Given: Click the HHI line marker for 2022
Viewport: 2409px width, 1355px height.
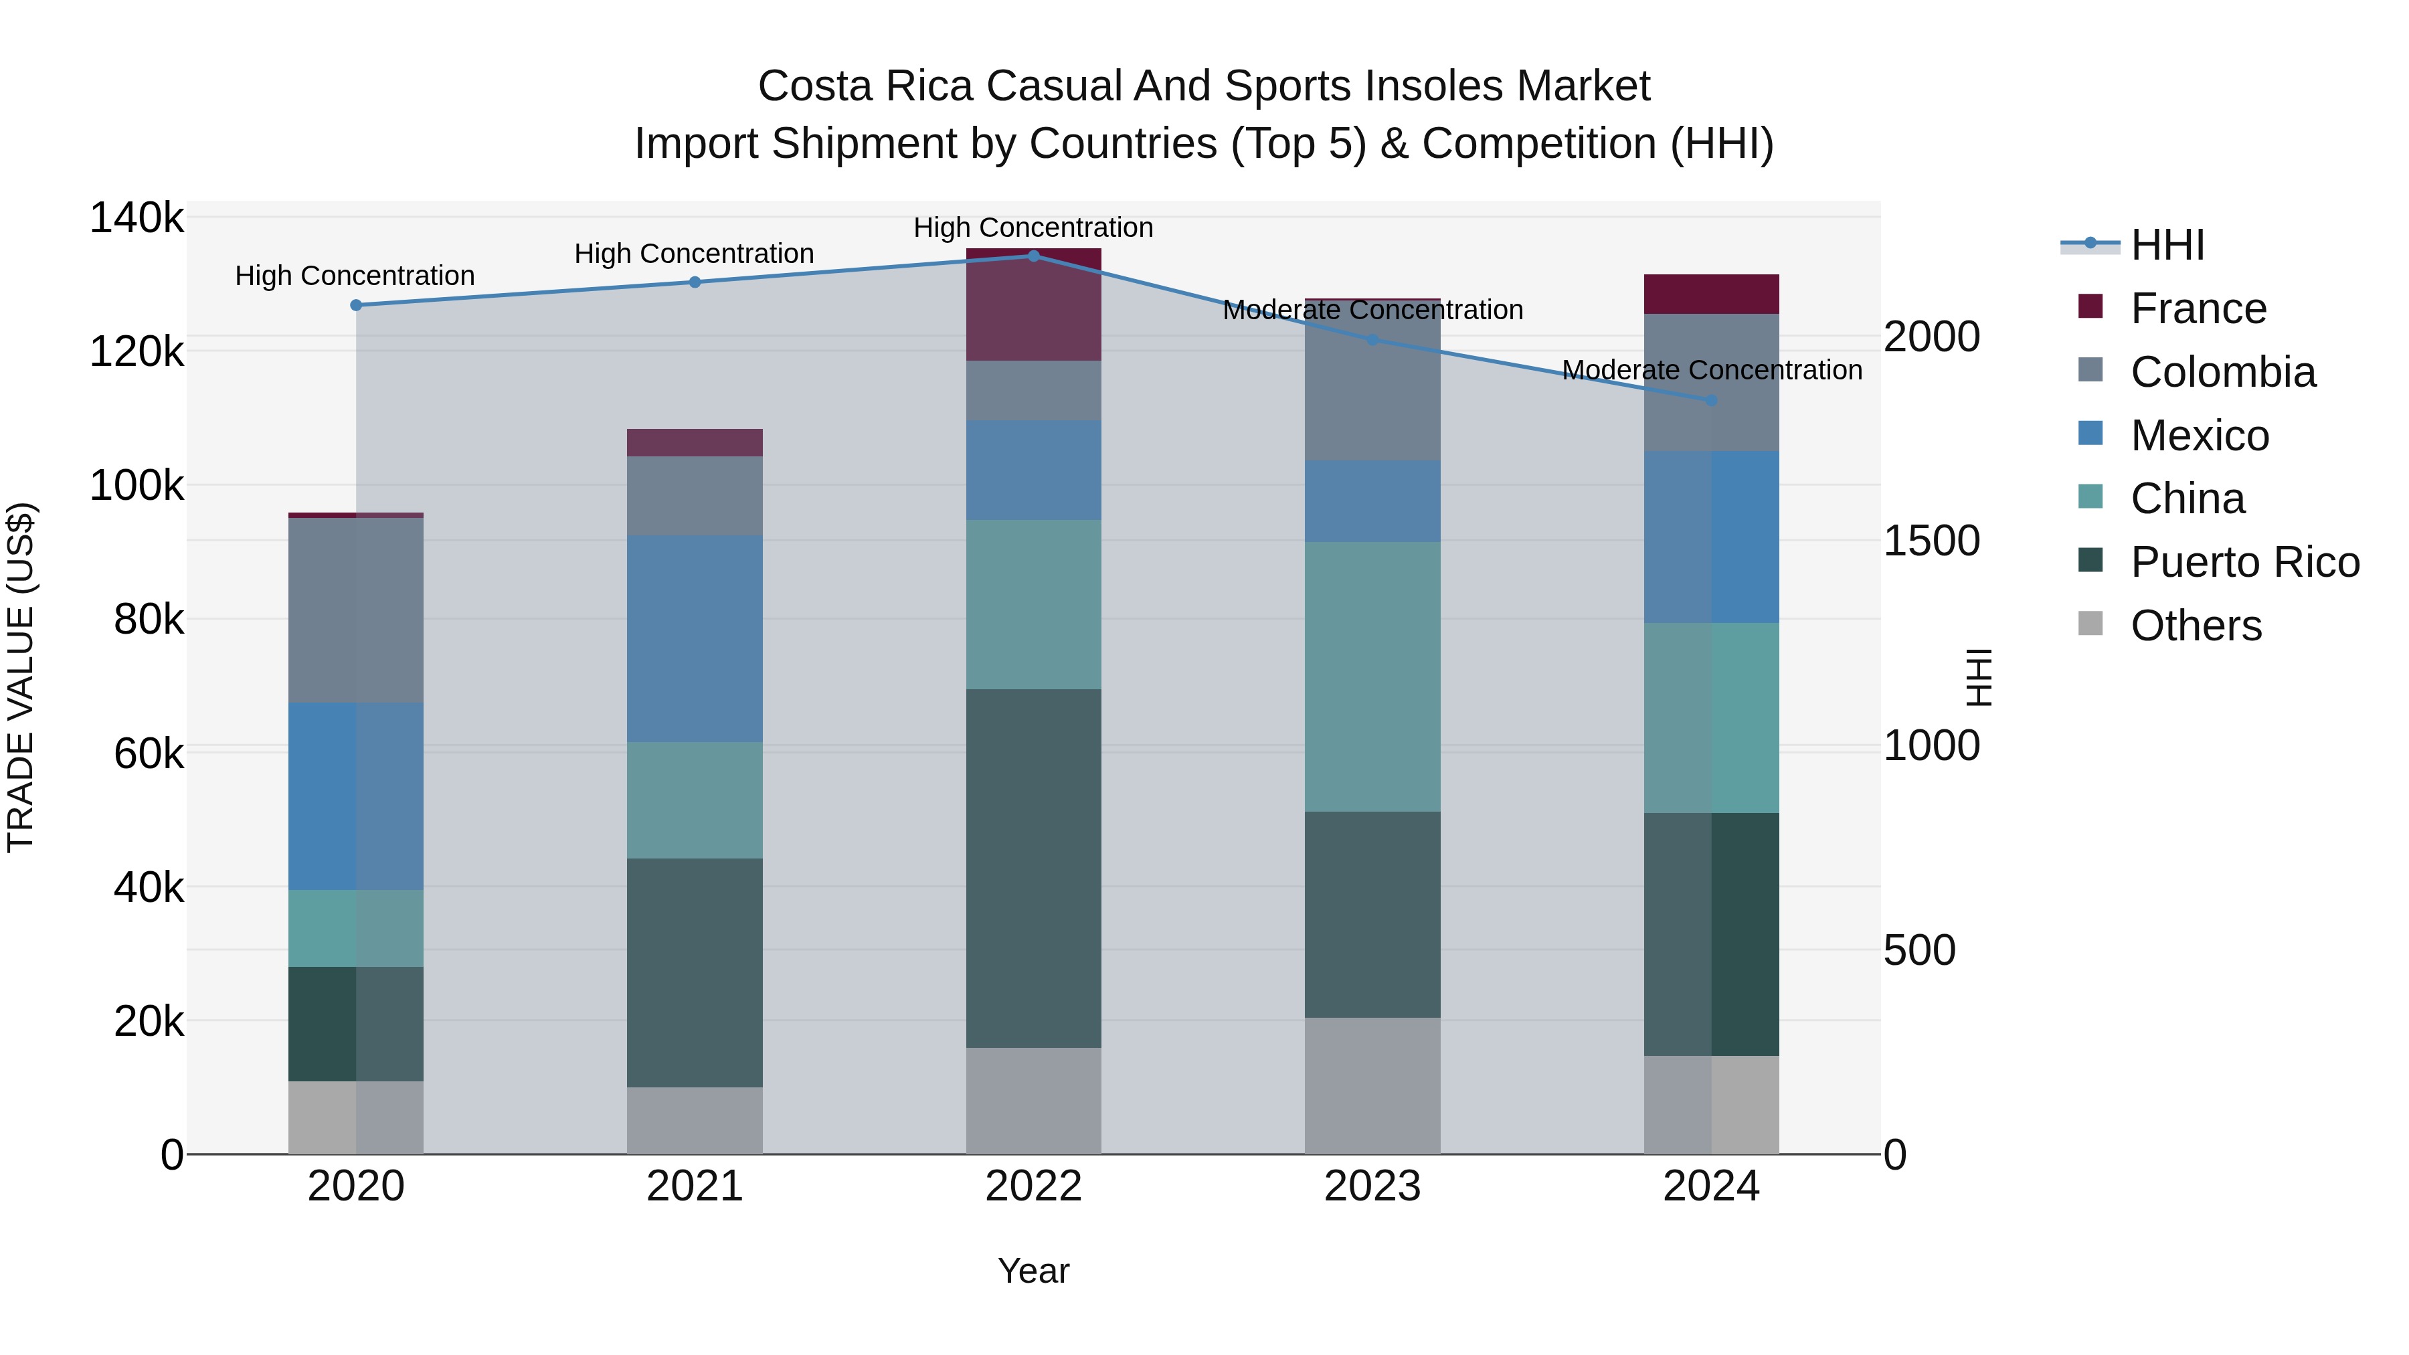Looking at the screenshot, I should pos(1033,256).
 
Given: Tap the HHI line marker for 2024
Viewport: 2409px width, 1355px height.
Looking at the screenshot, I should pos(1711,400).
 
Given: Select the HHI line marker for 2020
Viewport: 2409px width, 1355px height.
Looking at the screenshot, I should pos(355,305).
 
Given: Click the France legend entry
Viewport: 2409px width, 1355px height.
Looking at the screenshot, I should pos(2198,308).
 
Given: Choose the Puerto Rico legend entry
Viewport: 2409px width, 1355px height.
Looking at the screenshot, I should pos(2244,562).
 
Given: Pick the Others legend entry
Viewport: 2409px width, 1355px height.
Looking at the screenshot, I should pos(2195,626).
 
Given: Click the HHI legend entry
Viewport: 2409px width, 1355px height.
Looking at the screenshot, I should pos(2167,245).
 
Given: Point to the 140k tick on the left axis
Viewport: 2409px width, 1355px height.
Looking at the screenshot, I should pos(137,218).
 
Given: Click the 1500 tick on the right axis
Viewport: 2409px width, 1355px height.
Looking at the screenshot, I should pos(1931,541).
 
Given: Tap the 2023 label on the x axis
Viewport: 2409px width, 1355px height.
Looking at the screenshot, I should pos(1372,1186).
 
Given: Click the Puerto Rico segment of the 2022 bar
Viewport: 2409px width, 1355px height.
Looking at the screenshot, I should pos(1033,868).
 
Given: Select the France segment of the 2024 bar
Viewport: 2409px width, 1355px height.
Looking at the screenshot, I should pos(1711,294).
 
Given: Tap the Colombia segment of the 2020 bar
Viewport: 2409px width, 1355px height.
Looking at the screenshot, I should pos(355,610).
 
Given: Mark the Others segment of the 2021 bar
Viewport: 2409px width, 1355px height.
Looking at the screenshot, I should pos(694,1119).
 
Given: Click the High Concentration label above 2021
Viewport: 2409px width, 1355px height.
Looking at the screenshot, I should pos(694,254).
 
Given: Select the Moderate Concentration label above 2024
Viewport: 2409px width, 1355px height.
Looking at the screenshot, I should pos(1711,370).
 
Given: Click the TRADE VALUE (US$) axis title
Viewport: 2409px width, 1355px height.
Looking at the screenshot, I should pos(21,677).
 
